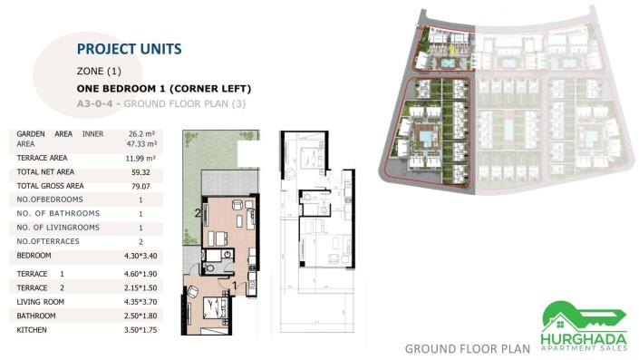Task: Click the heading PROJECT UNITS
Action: (129, 48)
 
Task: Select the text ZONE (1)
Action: (99, 71)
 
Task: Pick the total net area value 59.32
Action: (140, 171)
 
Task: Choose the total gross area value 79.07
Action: (140, 186)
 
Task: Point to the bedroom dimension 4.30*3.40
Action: (141, 257)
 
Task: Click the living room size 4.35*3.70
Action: (141, 301)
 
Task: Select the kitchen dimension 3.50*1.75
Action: (141, 330)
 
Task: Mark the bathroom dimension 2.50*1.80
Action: (141, 316)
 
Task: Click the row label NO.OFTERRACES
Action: (49, 241)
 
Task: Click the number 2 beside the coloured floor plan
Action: (196, 214)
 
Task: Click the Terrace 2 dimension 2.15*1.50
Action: (141, 287)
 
